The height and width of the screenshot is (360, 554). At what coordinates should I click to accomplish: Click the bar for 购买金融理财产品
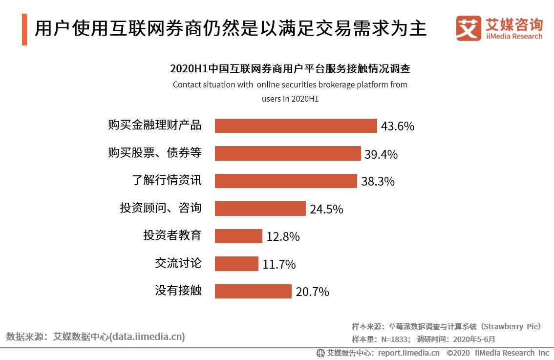pyautogui.click(x=296, y=126)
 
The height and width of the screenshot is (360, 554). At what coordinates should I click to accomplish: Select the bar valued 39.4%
pyautogui.click(x=288, y=153)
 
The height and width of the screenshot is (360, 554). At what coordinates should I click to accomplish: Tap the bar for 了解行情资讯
pyautogui.click(x=286, y=181)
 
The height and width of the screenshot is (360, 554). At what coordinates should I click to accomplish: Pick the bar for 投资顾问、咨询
pyautogui.click(x=260, y=209)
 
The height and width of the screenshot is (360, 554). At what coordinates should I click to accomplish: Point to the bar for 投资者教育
pyautogui.click(x=238, y=236)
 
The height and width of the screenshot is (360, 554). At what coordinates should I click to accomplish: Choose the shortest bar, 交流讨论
pyautogui.click(x=236, y=264)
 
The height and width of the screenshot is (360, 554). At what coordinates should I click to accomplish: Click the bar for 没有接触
pyautogui.click(x=253, y=292)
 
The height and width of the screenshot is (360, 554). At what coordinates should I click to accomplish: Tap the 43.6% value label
pyautogui.click(x=398, y=127)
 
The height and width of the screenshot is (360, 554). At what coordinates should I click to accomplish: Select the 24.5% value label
pyautogui.click(x=326, y=210)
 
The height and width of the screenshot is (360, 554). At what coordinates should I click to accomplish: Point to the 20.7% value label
pyautogui.click(x=312, y=292)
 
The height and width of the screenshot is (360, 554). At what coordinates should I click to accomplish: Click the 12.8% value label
pyautogui.click(x=283, y=237)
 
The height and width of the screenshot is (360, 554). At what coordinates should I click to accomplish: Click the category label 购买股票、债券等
pyautogui.click(x=154, y=153)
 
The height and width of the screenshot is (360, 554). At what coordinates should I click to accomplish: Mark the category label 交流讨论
pyautogui.click(x=178, y=263)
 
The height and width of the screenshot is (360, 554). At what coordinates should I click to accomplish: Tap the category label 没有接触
pyautogui.click(x=178, y=291)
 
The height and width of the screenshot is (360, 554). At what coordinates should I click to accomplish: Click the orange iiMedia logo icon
pyautogui.click(x=468, y=28)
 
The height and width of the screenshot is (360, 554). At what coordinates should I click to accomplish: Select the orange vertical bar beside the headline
pyautogui.click(x=24, y=29)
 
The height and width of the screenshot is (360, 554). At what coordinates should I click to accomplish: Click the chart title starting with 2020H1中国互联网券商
pyautogui.click(x=290, y=68)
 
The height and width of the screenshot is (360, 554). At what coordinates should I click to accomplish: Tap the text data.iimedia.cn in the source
pyautogui.click(x=147, y=337)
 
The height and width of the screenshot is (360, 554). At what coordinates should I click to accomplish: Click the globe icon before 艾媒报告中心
pyautogui.click(x=320, y=353)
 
